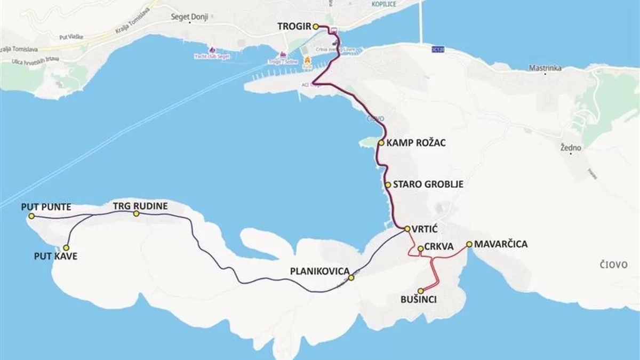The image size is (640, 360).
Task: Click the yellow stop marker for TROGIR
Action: tap(315, 26)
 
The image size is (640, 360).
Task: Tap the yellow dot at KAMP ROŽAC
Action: tap(381, 143)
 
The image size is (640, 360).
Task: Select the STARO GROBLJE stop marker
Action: tap(388, 185)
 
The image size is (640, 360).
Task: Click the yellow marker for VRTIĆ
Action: tap(407, 229)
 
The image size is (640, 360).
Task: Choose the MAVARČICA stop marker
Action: tap(469, 244)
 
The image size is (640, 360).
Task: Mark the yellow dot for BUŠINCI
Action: tap(421, 291)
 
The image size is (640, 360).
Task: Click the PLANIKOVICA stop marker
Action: tap(351, 278)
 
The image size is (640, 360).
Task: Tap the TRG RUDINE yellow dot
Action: tap(136, 213)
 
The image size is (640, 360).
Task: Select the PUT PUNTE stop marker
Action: tap(31, 216)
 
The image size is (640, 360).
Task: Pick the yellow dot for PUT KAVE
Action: tap(66, 247)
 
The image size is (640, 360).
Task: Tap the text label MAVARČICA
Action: tap(501, 244)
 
